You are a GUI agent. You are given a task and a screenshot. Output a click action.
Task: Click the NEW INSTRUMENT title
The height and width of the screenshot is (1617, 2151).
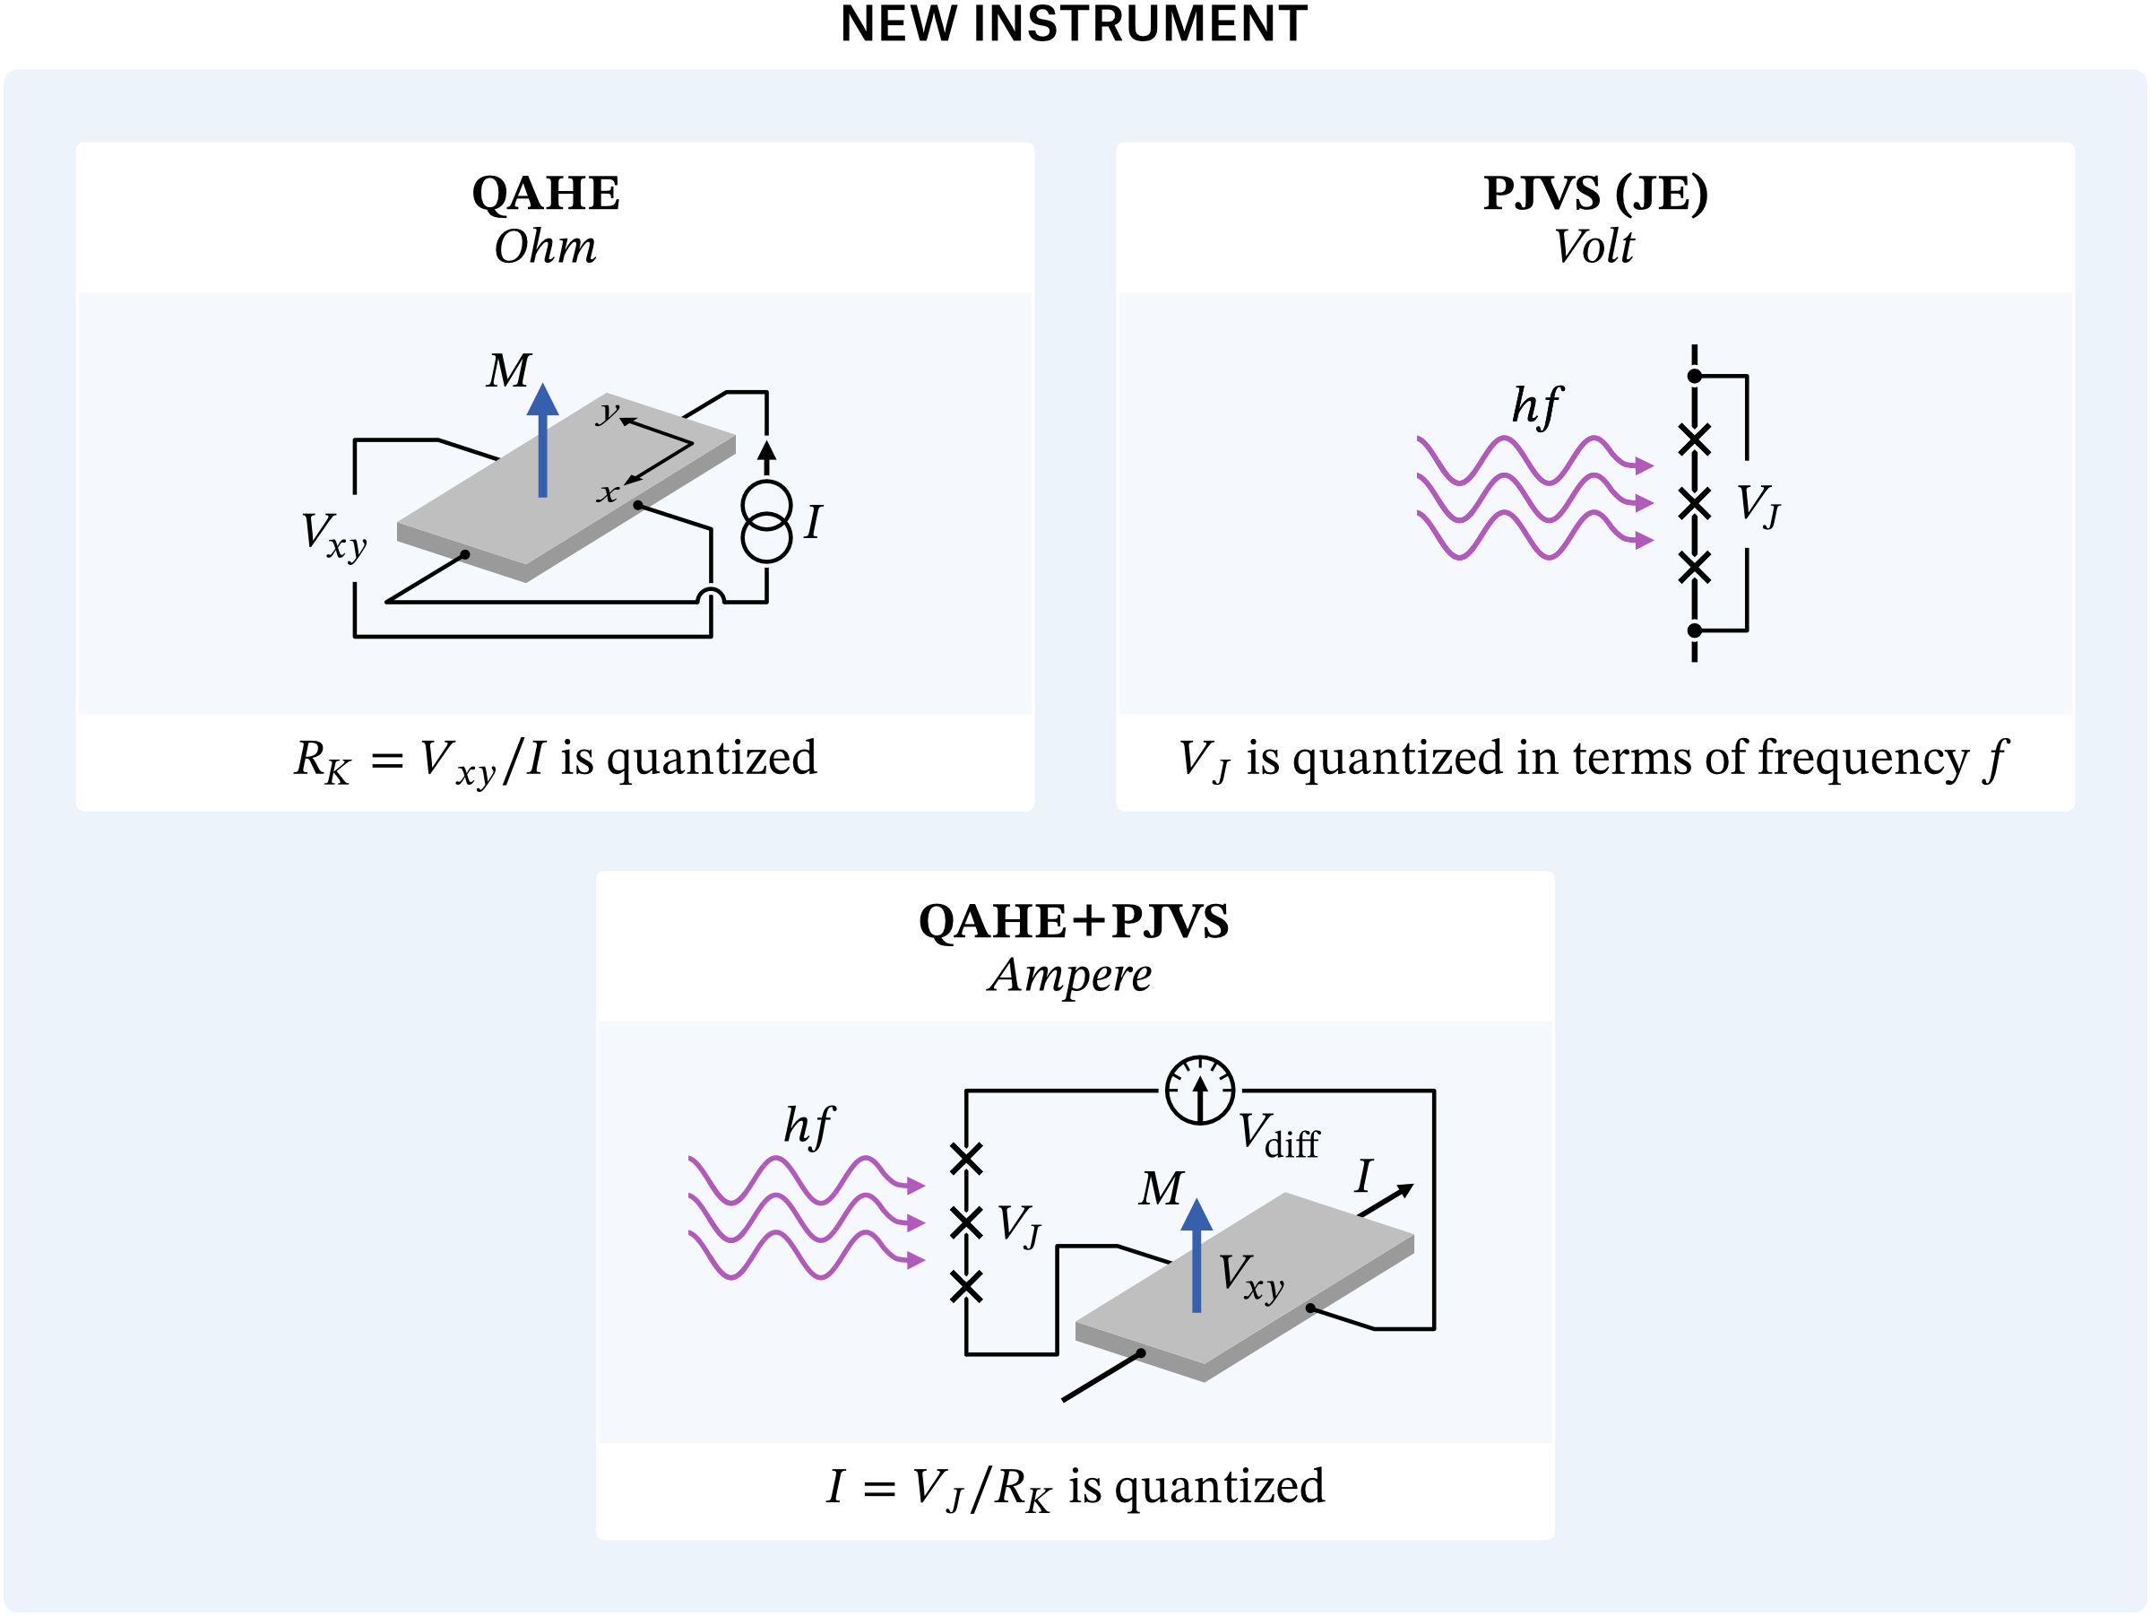[x=1074, y=23]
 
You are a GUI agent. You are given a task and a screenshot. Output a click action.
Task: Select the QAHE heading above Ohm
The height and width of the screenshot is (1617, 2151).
[x=546, y=193]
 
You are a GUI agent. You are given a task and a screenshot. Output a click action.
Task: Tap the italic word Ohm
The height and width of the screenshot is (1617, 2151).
[x=546, y=246]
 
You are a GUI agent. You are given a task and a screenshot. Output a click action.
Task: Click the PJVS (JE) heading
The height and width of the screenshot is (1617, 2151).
[x=1594, y=193]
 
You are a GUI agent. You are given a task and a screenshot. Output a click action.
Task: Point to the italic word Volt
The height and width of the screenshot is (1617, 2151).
[x=1593, y=246]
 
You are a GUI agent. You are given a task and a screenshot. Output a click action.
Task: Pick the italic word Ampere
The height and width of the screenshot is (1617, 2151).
[x=1069, y=975]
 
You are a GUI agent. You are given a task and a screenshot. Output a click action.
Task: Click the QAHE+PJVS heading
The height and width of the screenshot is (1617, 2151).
[x=1074, y=921]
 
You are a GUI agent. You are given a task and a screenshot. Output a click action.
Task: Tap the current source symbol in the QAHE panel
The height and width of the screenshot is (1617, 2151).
[x=766, y=520]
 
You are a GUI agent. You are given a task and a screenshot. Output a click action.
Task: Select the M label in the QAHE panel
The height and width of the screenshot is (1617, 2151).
[x=508, y=370]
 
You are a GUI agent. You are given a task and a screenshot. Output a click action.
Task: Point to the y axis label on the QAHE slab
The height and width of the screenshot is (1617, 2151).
[x=608, y=412]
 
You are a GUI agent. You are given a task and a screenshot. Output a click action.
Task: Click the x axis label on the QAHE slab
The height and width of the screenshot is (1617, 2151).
[x=608, y=492]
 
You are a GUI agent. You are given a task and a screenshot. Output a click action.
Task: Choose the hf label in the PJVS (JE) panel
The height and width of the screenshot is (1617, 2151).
[x=1535, y=405]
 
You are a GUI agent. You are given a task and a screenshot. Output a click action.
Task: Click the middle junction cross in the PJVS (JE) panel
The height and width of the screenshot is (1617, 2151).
[x=1694, y=503]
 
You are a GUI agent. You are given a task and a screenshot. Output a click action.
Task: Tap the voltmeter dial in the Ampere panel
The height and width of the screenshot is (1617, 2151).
[x=1200, y=1090]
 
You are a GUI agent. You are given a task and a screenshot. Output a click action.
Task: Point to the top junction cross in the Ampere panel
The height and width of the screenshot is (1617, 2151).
[x=965, y=1158]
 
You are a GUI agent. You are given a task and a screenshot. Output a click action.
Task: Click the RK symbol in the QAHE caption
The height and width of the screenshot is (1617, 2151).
[x=322, y=761]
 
